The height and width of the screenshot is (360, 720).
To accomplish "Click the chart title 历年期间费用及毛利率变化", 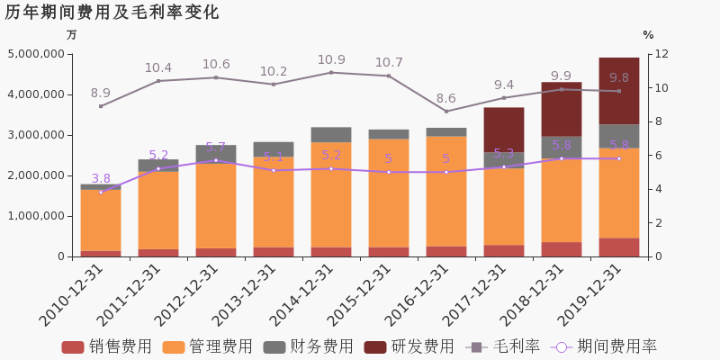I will point(112,13).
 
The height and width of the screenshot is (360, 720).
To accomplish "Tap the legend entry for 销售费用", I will point(107,346).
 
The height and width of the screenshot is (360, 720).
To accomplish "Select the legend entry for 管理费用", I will point(208,346).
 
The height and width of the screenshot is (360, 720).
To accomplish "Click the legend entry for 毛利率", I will point(503,346).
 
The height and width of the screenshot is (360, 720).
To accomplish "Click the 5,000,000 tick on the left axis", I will point(36,54).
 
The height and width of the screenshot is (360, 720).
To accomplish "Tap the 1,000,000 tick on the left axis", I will point(36,216).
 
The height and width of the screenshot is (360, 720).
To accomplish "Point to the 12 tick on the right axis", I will point(659,54).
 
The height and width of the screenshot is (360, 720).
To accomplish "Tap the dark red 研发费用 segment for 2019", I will point(619,91).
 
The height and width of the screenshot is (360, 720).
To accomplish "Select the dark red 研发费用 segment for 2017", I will point(504,130).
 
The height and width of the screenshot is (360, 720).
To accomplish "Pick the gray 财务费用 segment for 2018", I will point(562,147).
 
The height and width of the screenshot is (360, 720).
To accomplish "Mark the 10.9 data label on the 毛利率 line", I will point(331,60).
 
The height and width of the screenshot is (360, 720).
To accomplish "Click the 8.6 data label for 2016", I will point(446,99).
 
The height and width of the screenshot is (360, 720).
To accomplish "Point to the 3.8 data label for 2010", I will point(101,179).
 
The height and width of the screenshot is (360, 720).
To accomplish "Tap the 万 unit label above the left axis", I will point(72,35).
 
